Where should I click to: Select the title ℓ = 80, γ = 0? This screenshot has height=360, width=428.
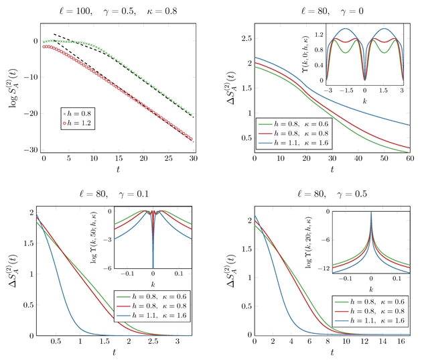332,10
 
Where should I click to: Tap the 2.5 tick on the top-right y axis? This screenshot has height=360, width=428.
246,39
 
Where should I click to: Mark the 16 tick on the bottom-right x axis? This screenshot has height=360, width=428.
389,342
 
